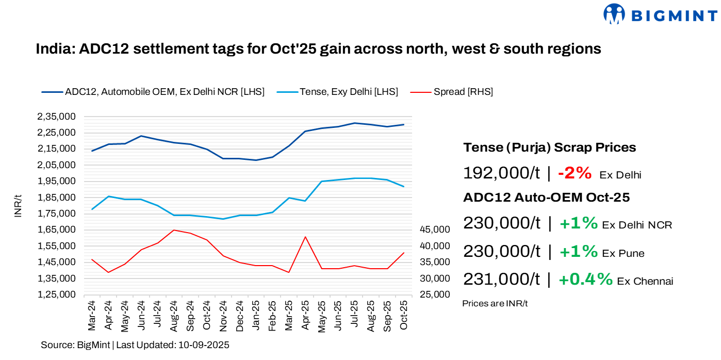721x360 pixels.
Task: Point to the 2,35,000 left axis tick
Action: click(x=57, y=117)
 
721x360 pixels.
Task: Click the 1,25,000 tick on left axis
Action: click(x=57, y=294)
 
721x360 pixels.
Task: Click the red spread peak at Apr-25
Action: click(x=305, y=237)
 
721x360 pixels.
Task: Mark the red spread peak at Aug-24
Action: click(x=174, y=230)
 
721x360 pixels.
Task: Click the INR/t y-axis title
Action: click(x=19, y=206)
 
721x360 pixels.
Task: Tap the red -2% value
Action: click(x=575, y=173)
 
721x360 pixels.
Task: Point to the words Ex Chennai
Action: click(x=645, y=281)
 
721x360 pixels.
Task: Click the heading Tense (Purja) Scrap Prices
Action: click(x=549, y=148)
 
